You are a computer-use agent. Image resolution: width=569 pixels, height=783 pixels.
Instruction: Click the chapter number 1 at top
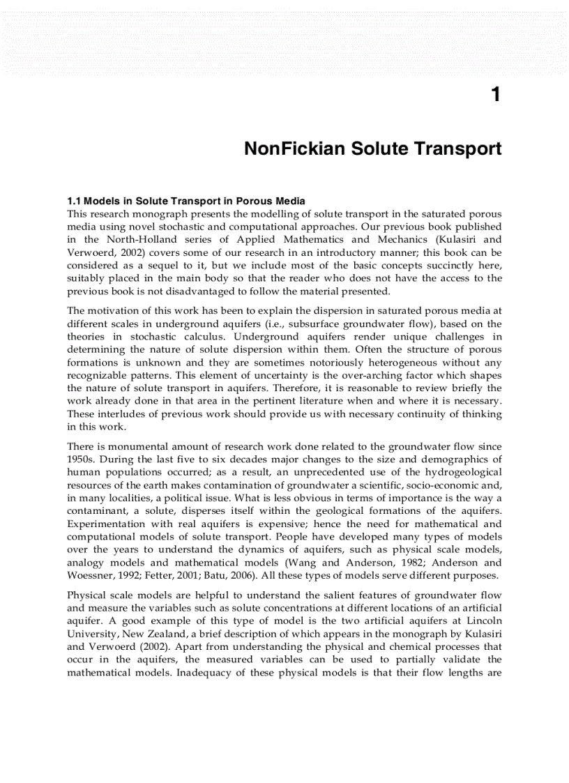click(x=495, y=95)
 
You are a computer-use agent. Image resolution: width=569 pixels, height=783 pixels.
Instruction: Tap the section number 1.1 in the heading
click(x=75, y=202)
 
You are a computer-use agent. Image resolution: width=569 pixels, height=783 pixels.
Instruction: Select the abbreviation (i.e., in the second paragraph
click(x=282, y=324)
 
